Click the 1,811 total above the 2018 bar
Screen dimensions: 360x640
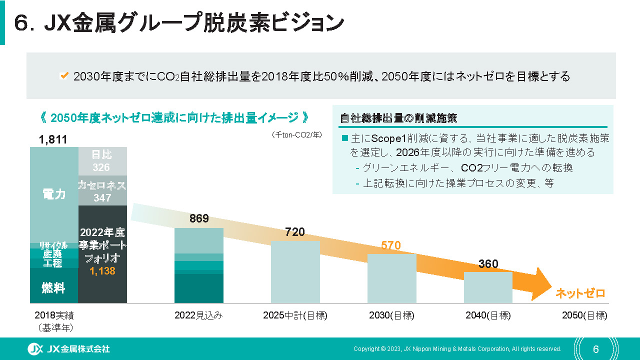pos(53,139)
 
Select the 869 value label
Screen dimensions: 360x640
pos(199,218)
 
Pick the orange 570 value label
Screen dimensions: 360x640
pos(391,245)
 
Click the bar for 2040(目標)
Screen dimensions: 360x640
pos(488,287)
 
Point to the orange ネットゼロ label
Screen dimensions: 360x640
pos(580,293)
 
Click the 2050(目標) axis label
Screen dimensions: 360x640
pos(584,315)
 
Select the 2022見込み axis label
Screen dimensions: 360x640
pos(198,315)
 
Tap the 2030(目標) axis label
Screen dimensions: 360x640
pos(391,315)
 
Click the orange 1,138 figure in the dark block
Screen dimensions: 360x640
pos(102,271)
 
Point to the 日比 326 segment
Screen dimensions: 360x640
pos(102,161)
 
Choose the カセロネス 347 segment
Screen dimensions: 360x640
pos(102,191)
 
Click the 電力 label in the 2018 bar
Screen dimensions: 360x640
pos(54,194)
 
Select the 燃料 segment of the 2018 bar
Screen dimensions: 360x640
pos(54,287)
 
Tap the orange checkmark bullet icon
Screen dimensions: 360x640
pos(64,76)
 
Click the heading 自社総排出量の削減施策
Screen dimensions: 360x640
pos(398,118)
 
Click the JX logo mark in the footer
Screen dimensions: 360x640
pos(35,348)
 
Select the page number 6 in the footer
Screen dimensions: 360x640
pos(595,348)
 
